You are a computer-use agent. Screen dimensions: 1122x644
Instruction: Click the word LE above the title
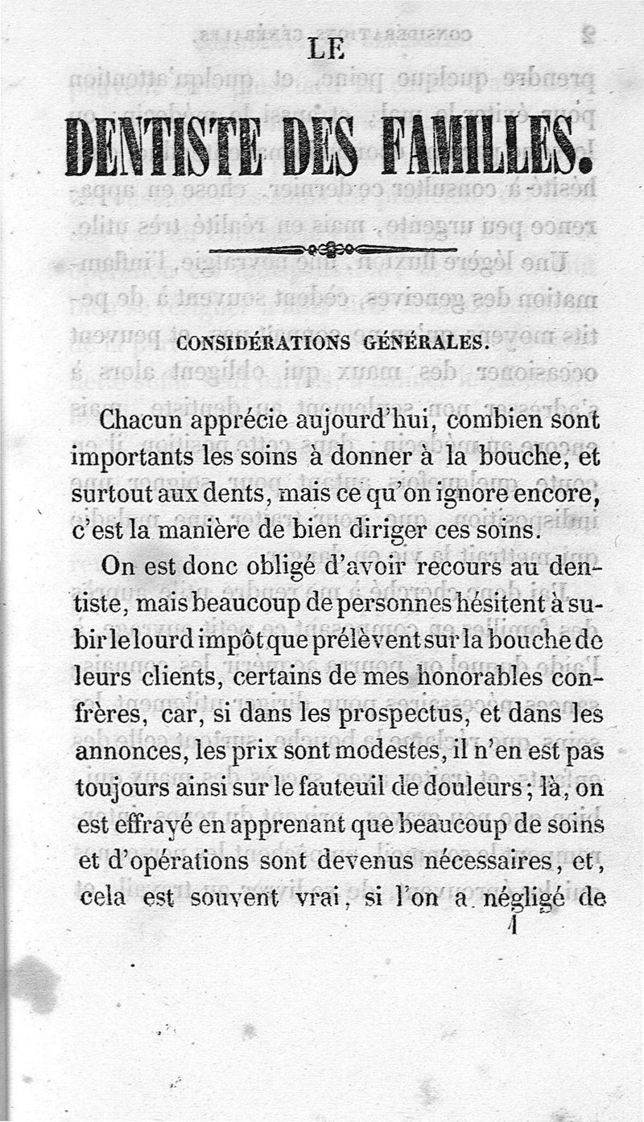(x=326, y=50)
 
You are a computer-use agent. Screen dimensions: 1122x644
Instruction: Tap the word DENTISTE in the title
(x=163, y=147)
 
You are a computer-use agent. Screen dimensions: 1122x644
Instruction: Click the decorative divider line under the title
(x=332, y=249)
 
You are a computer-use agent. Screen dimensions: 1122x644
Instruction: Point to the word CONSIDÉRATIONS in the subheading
(x=262, y=343)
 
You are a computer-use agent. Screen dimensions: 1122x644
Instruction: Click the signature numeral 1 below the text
(x=512, y=927)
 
